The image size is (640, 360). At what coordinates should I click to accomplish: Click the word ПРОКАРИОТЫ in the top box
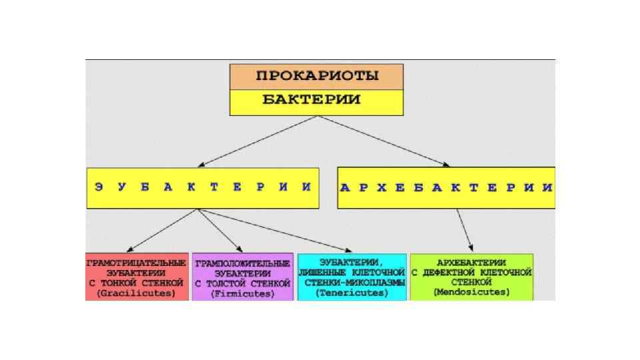tap(317, 76)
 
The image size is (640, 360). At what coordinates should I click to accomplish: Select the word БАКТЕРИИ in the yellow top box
tap(311, 101)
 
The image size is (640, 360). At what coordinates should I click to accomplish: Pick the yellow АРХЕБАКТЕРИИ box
tap(446, 187)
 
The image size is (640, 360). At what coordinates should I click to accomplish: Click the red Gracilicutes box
tap(137, 276)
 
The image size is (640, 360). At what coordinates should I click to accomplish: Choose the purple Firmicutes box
tap(243, 277)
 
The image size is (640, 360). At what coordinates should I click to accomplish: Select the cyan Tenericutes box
tap(352, 277)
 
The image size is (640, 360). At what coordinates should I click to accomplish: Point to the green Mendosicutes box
tap(471, 276)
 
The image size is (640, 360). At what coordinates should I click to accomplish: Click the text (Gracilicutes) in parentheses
tap(137, 293)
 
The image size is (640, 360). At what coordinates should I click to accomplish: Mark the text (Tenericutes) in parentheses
tap(352, 293)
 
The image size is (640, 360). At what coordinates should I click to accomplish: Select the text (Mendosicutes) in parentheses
tap(471, 292)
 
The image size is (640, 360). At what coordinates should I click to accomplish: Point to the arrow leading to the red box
tap(163, 231)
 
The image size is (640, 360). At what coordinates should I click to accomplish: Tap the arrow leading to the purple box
tap(220, 231)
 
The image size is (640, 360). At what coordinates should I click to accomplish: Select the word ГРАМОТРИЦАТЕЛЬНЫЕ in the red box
tap(136, 263)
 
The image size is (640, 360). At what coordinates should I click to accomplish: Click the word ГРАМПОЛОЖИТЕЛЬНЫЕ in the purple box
tap(243, 263)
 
